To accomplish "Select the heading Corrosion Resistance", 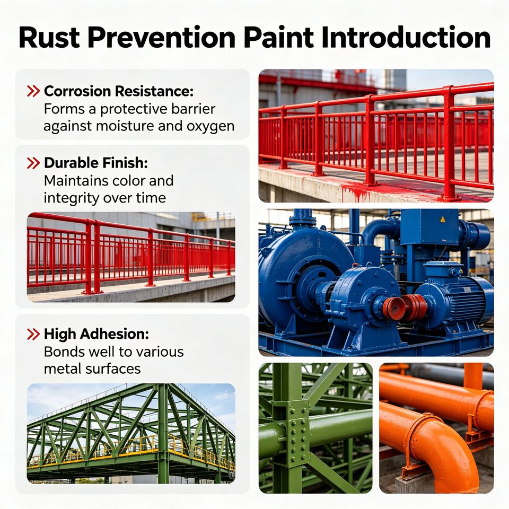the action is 118,91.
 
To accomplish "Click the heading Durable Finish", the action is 96,163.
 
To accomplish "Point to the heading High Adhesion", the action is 96,334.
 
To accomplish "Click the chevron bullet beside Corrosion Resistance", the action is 33,91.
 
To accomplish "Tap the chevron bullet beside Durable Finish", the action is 33,163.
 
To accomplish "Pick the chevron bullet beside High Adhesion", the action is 33,334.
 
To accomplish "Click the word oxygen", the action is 210,127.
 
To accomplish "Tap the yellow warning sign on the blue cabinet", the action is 443,220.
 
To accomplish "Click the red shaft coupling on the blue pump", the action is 405,308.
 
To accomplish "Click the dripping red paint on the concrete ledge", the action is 357,190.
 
